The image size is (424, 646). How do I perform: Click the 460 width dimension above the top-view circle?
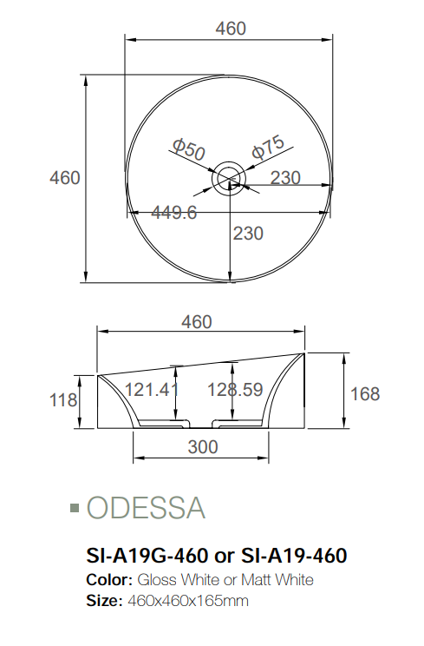[x=231, y=28]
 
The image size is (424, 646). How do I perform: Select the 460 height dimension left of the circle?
[x=65, y=178]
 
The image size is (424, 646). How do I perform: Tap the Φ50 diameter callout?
[x=188, y=148]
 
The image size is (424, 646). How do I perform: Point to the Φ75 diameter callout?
[x=268, y=148]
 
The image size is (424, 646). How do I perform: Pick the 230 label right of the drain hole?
[x=285, y=178]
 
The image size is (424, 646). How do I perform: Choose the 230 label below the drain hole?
[x=248, y=234]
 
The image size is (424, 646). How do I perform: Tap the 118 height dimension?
[x=64, y=400]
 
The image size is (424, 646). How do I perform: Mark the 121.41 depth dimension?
[x=152, y=390]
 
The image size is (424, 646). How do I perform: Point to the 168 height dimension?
[x=364, y=394]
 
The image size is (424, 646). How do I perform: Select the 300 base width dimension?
[x=202, y=447]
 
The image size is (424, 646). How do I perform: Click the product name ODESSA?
[x=147, y=508]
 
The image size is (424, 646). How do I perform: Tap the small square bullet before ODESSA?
[x=75, y=507]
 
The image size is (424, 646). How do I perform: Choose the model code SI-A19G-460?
[x=147, y=554]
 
